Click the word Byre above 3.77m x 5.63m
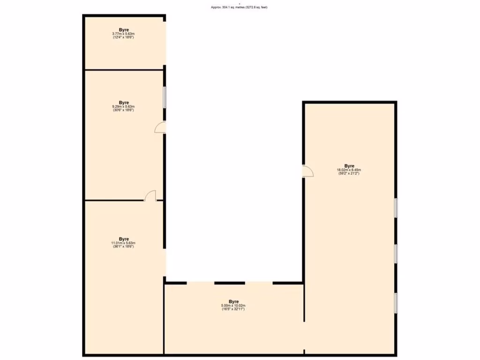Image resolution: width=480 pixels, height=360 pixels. coord(124,30)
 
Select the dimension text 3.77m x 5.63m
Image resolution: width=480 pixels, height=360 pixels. coord(124,34)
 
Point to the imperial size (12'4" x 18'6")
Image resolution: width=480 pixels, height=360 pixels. coord(124,37)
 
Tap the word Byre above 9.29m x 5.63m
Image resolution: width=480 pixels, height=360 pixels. coord(124,102)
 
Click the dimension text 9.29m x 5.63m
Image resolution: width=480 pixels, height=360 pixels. coord(124,106)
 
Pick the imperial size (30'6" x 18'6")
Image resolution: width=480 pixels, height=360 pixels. coord(124,110)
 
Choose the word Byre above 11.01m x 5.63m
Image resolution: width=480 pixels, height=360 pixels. coord(124,239)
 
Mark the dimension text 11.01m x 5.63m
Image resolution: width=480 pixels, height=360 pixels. coord(124,243)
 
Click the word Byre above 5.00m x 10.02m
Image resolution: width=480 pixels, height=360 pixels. coord(233,301)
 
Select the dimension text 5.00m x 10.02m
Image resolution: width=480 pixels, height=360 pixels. coord(233,306)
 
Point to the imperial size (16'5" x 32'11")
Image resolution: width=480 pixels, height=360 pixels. coord(233,309)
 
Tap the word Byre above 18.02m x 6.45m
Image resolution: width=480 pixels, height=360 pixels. coord(349,166)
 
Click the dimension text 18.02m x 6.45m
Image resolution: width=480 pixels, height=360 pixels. coord(349,170)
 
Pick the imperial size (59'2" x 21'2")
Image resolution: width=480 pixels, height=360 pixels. coord(349,174)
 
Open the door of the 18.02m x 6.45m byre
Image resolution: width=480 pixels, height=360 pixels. coord(307,172)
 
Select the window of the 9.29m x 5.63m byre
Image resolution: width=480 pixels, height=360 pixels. coord(165,97)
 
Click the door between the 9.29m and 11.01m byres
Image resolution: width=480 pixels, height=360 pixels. coord(150,196)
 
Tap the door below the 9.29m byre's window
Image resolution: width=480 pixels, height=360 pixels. coord(160,127)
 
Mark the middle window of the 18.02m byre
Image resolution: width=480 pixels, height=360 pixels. coord(396,254)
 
